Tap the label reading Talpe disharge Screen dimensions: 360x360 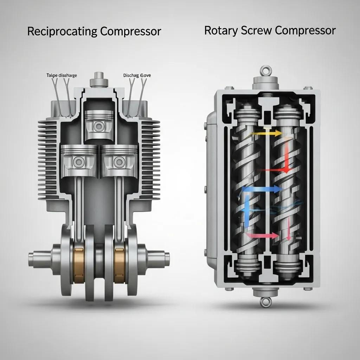(x=62, y=75)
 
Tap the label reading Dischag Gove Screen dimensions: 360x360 (x=137, y=75)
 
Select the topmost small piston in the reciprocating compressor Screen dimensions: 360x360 (x=99, y=125)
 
